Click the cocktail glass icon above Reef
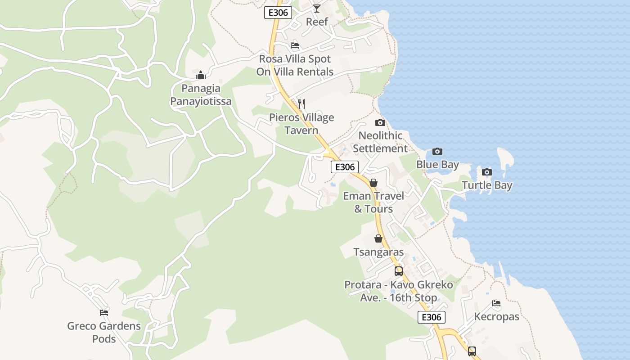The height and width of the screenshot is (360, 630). pyautogui.click(x=317, y=9)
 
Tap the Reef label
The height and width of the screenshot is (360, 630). pyautogui.click(x=317, y=22)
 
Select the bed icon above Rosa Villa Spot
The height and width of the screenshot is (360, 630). pyautogui.click(x=295, y=45)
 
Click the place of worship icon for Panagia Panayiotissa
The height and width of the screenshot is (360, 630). pyautogui.click(x=201, y=75)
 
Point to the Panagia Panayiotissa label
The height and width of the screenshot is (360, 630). pyautogui.click(x=201, y=95)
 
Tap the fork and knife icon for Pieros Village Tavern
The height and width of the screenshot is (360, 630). pyautogui.click(x=301, y=104)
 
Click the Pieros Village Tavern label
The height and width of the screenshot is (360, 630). pyautogui.click(x=301, y=124)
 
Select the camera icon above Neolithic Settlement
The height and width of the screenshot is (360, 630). pyautogui.click(x=380, y=122)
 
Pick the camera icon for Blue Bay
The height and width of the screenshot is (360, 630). pyautogui.click(x=437, y=152)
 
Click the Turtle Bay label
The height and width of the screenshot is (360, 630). pyautogui.click(x=487, y=185)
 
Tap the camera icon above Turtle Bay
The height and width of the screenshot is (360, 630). pyautogui.click(x=486, y=172)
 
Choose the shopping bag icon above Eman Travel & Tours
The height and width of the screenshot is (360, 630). pyautogui.click(x=373, y=183)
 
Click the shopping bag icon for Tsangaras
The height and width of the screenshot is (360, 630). pyautogui.click(x=378, y=238)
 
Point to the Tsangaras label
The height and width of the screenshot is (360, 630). pyautogui.click(x=378, y=252)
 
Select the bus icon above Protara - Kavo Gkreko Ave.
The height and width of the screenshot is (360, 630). pyautogui.click(x=399, y=271)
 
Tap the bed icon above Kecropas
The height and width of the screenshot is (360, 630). pyautogui.click(x=496, y=303)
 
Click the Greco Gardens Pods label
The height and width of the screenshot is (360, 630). pyautogui.click(x=104, y=332)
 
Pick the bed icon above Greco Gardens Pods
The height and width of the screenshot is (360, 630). pyautogui.click(x=104, y=313)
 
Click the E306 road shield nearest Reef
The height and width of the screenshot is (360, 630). pyautogui.click(x=278, y=13)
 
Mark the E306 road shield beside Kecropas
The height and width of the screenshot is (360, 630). pyautogui.click(x=432, y=317)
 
